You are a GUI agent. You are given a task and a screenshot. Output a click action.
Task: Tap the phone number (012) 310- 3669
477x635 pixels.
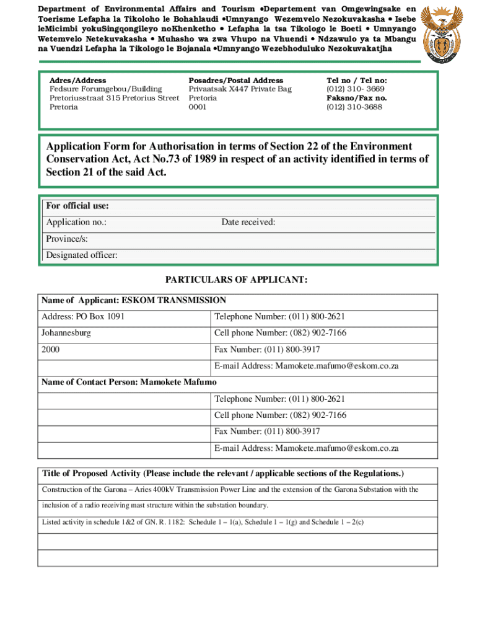(355, 89)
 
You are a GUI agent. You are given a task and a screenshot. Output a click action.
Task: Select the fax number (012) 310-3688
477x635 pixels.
(354, 107)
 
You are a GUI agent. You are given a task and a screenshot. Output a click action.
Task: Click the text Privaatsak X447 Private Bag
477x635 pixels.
(240, 89)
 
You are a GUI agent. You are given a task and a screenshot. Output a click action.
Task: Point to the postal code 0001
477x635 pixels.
(198, 107)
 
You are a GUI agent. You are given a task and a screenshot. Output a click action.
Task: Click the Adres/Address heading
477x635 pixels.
(77, 81)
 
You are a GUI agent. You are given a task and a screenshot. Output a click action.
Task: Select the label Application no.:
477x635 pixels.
(76, 223)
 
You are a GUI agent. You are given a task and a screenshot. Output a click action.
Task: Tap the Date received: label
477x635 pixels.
(248, 223)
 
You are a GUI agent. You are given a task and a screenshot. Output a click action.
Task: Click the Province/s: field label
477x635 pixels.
(67, 239)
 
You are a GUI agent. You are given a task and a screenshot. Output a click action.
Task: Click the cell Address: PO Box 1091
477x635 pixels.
(83, 317)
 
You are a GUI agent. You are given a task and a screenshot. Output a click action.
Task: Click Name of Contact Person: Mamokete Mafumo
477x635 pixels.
(129, 382)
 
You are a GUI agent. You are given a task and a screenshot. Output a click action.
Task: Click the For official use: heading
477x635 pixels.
(77, 206)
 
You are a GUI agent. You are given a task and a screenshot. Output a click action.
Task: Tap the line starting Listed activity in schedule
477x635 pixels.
(203, 522)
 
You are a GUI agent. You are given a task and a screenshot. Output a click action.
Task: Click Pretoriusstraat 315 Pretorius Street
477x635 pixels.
(114, 98)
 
